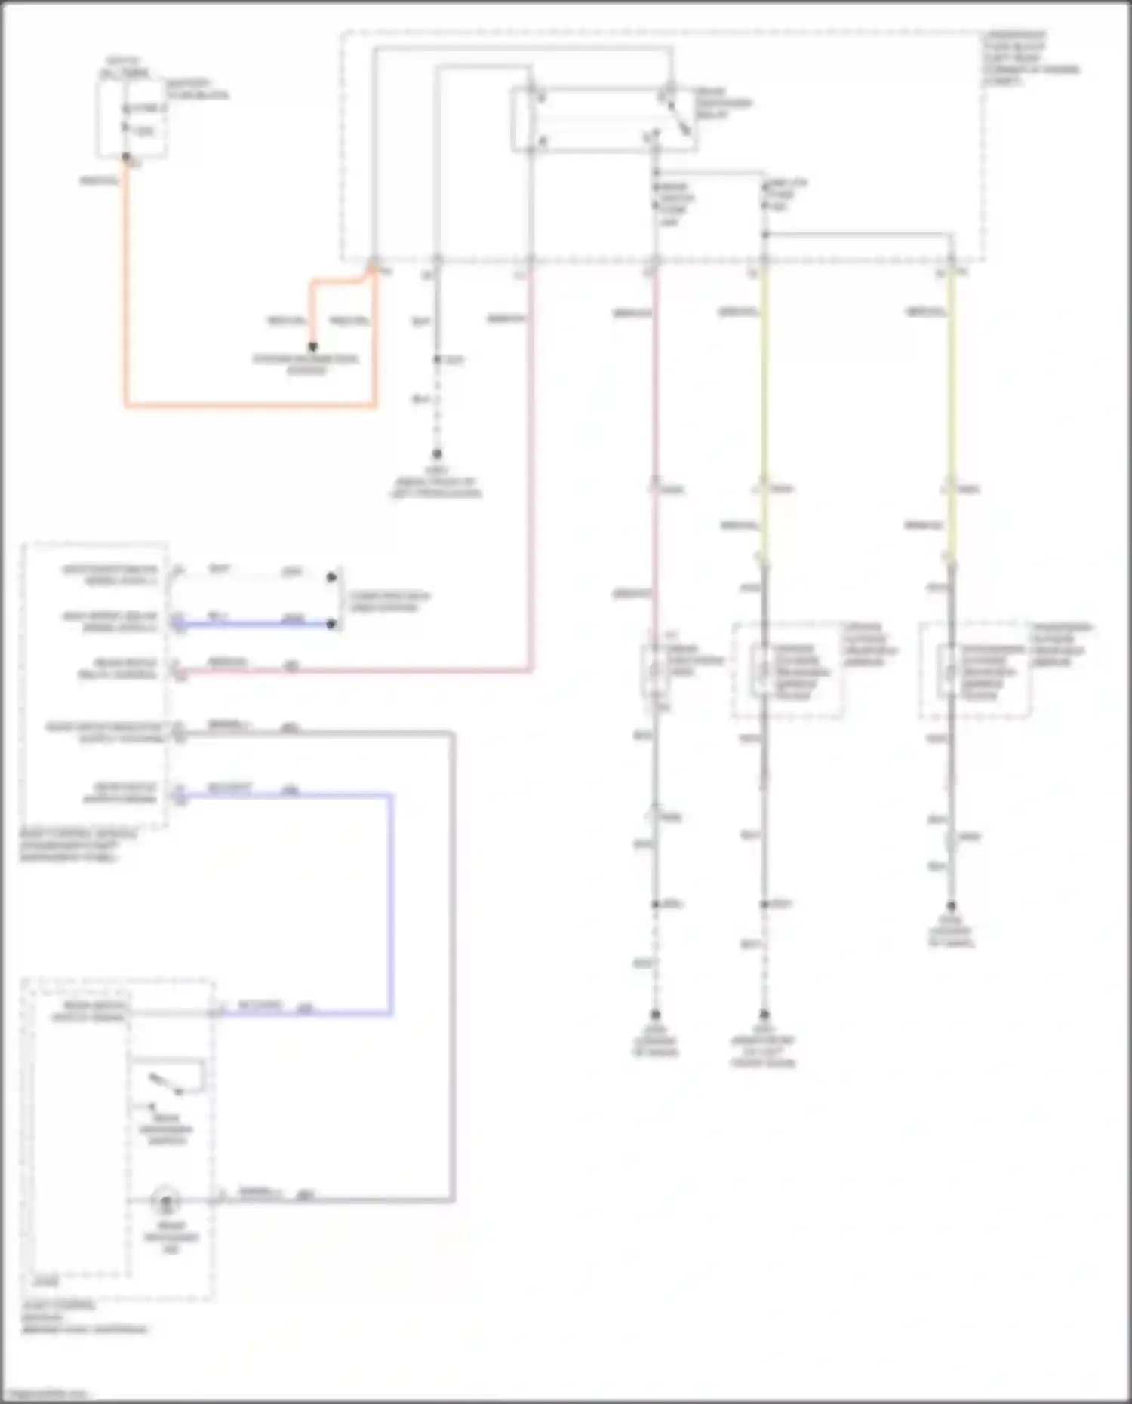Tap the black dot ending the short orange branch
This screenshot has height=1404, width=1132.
click(312, 348)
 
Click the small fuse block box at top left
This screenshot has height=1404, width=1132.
click(131, 118)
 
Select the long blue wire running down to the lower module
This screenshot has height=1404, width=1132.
click(391, 905)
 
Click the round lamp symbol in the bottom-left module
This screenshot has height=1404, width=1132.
click(165, 1200)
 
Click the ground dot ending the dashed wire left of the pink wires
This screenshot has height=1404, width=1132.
click(436, 454)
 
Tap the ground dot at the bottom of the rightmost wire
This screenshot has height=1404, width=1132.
click(951, 905)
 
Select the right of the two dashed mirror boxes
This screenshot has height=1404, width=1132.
click(974, 670)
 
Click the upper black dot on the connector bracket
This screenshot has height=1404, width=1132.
click(331, 577)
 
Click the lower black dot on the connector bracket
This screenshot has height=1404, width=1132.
click(331, 625)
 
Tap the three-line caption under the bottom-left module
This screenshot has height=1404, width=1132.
click(83, 1317)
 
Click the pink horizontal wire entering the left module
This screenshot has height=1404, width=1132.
click(355, 670)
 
